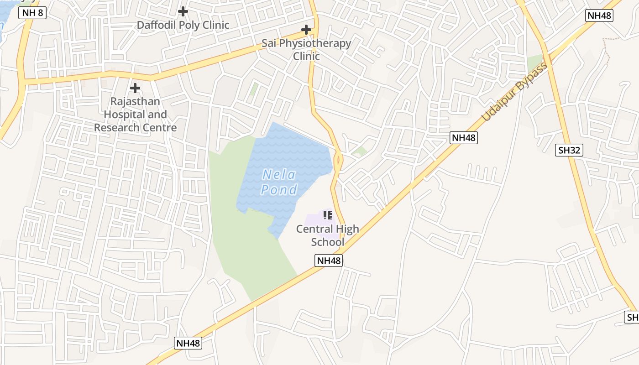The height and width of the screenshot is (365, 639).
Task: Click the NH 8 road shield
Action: click(x=32, y=13)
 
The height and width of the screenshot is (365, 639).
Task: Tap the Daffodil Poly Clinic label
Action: click(x=183, y=25)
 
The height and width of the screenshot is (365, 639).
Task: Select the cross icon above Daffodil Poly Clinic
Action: click(x=183, y=11)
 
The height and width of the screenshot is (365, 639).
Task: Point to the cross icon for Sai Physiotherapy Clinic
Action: click(x=306, y=30)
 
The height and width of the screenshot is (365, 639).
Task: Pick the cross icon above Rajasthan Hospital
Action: click(x=135, y=88)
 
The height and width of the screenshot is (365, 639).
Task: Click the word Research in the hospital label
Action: click(x=115, y=127)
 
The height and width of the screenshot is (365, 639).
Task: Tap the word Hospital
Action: click(x=127, y=114)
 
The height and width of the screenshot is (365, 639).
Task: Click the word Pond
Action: click(x=279, y=189)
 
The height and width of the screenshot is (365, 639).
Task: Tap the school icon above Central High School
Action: click(x=328, y=215)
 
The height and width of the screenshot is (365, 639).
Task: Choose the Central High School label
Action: click(x=328, y=235)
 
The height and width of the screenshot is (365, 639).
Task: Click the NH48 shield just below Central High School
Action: click(x=329, y=261)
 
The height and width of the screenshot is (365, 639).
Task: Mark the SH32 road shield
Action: click(x=569, y=150)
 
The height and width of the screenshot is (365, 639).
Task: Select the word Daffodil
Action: click(x=156, y=25)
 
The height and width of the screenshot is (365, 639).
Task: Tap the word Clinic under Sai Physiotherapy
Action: click(x=306, y=56)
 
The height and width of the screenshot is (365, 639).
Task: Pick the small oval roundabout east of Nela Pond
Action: click(x=338, y=161)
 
